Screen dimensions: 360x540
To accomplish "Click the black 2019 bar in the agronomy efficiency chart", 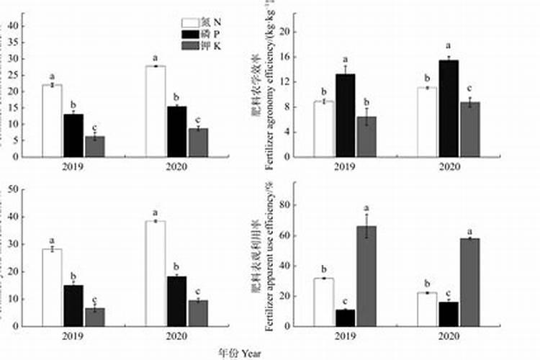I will click(x=345, y=115).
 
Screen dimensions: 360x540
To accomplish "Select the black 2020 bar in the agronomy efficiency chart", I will click(x=449, y=108).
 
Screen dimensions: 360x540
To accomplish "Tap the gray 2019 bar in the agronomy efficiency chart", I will click(x=366, y=137).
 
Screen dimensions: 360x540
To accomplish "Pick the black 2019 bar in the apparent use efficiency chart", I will click(x=345, y=318).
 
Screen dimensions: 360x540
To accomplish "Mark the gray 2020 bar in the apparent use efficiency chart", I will click(x=470, y=282).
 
